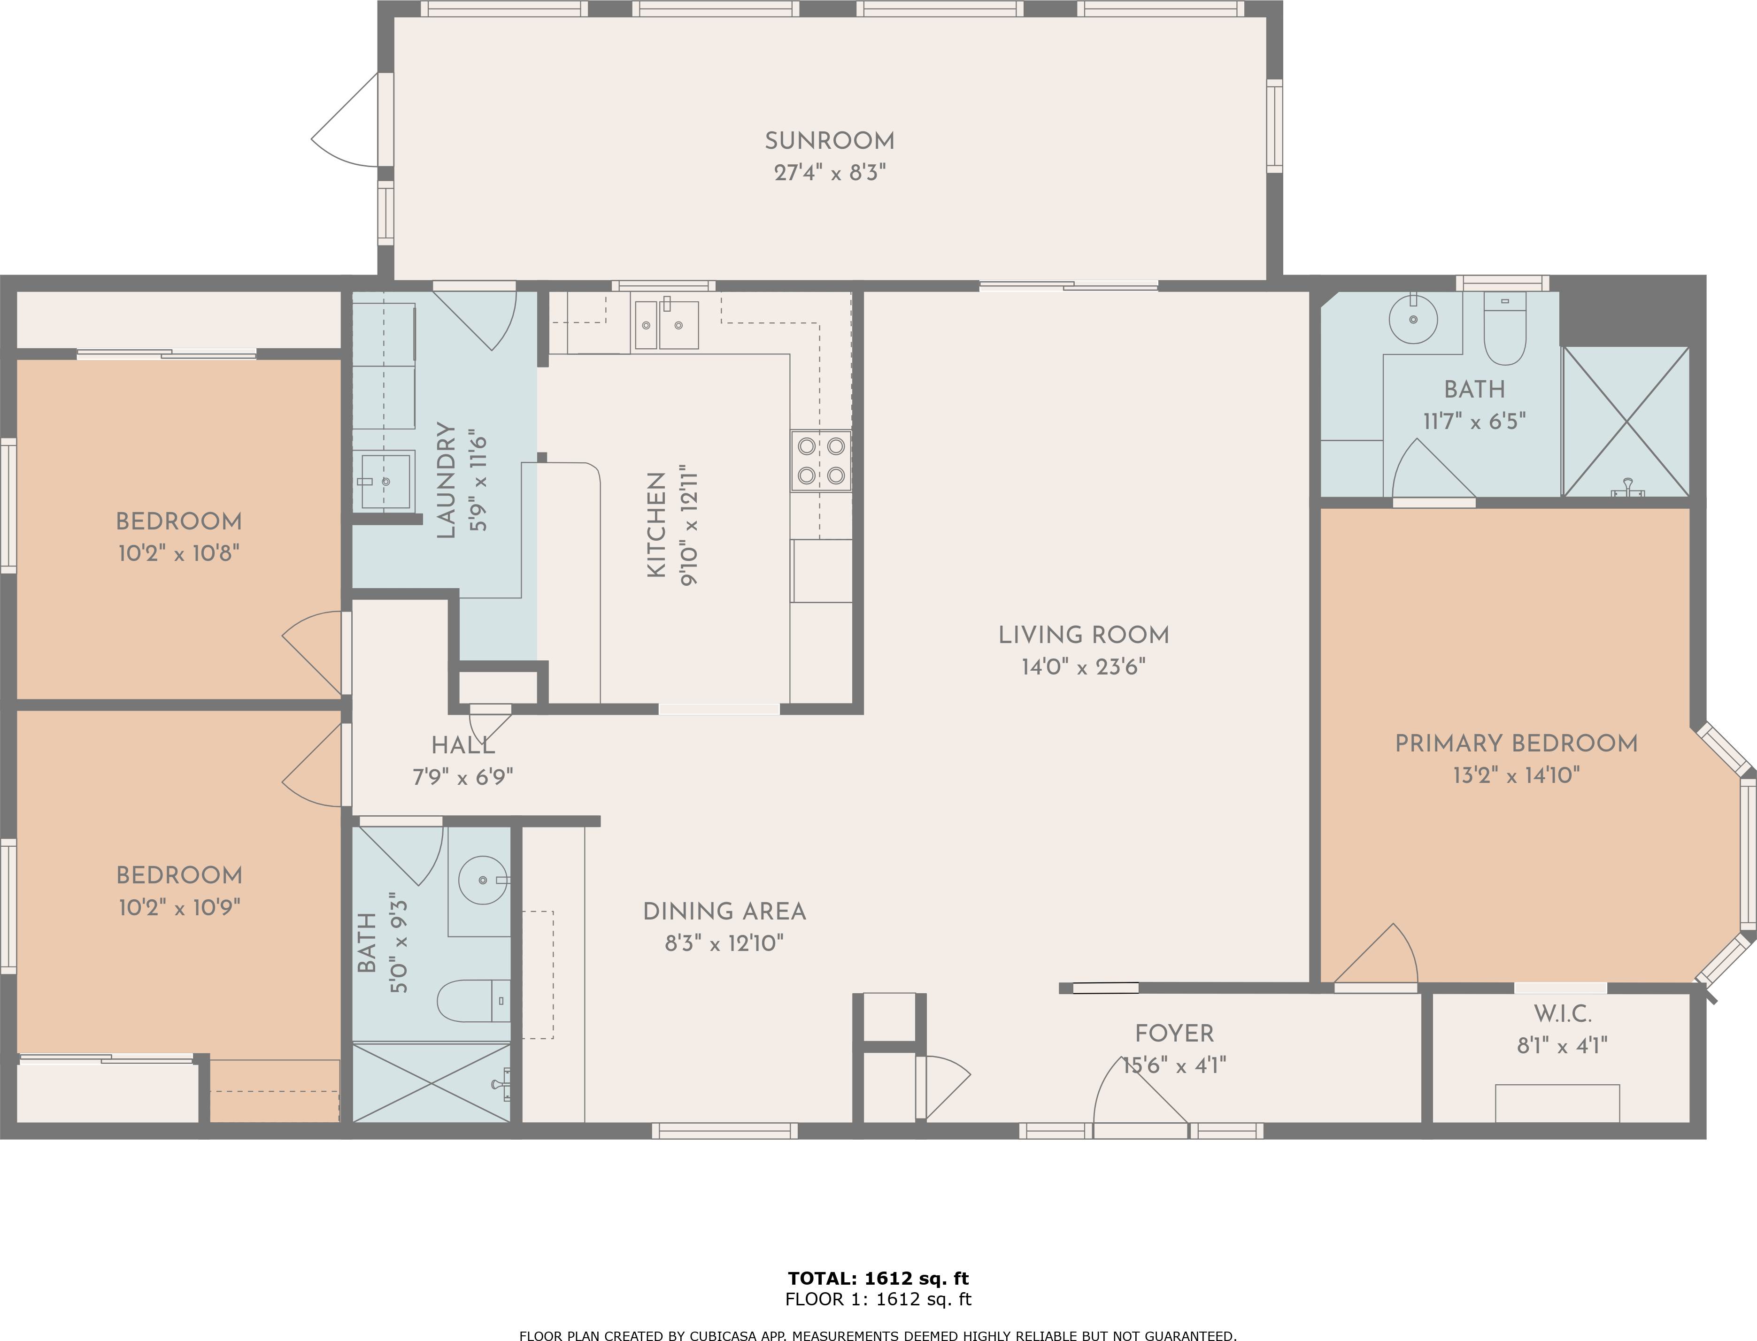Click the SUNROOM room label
pos(829,141)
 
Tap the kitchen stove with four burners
pos(821,460)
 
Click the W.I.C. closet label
pos(1562,1014)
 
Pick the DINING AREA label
pos(724,912)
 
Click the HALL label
pos(463,746)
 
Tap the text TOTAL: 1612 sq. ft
pos(878,1279)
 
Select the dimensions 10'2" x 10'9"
pos(180,908)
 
